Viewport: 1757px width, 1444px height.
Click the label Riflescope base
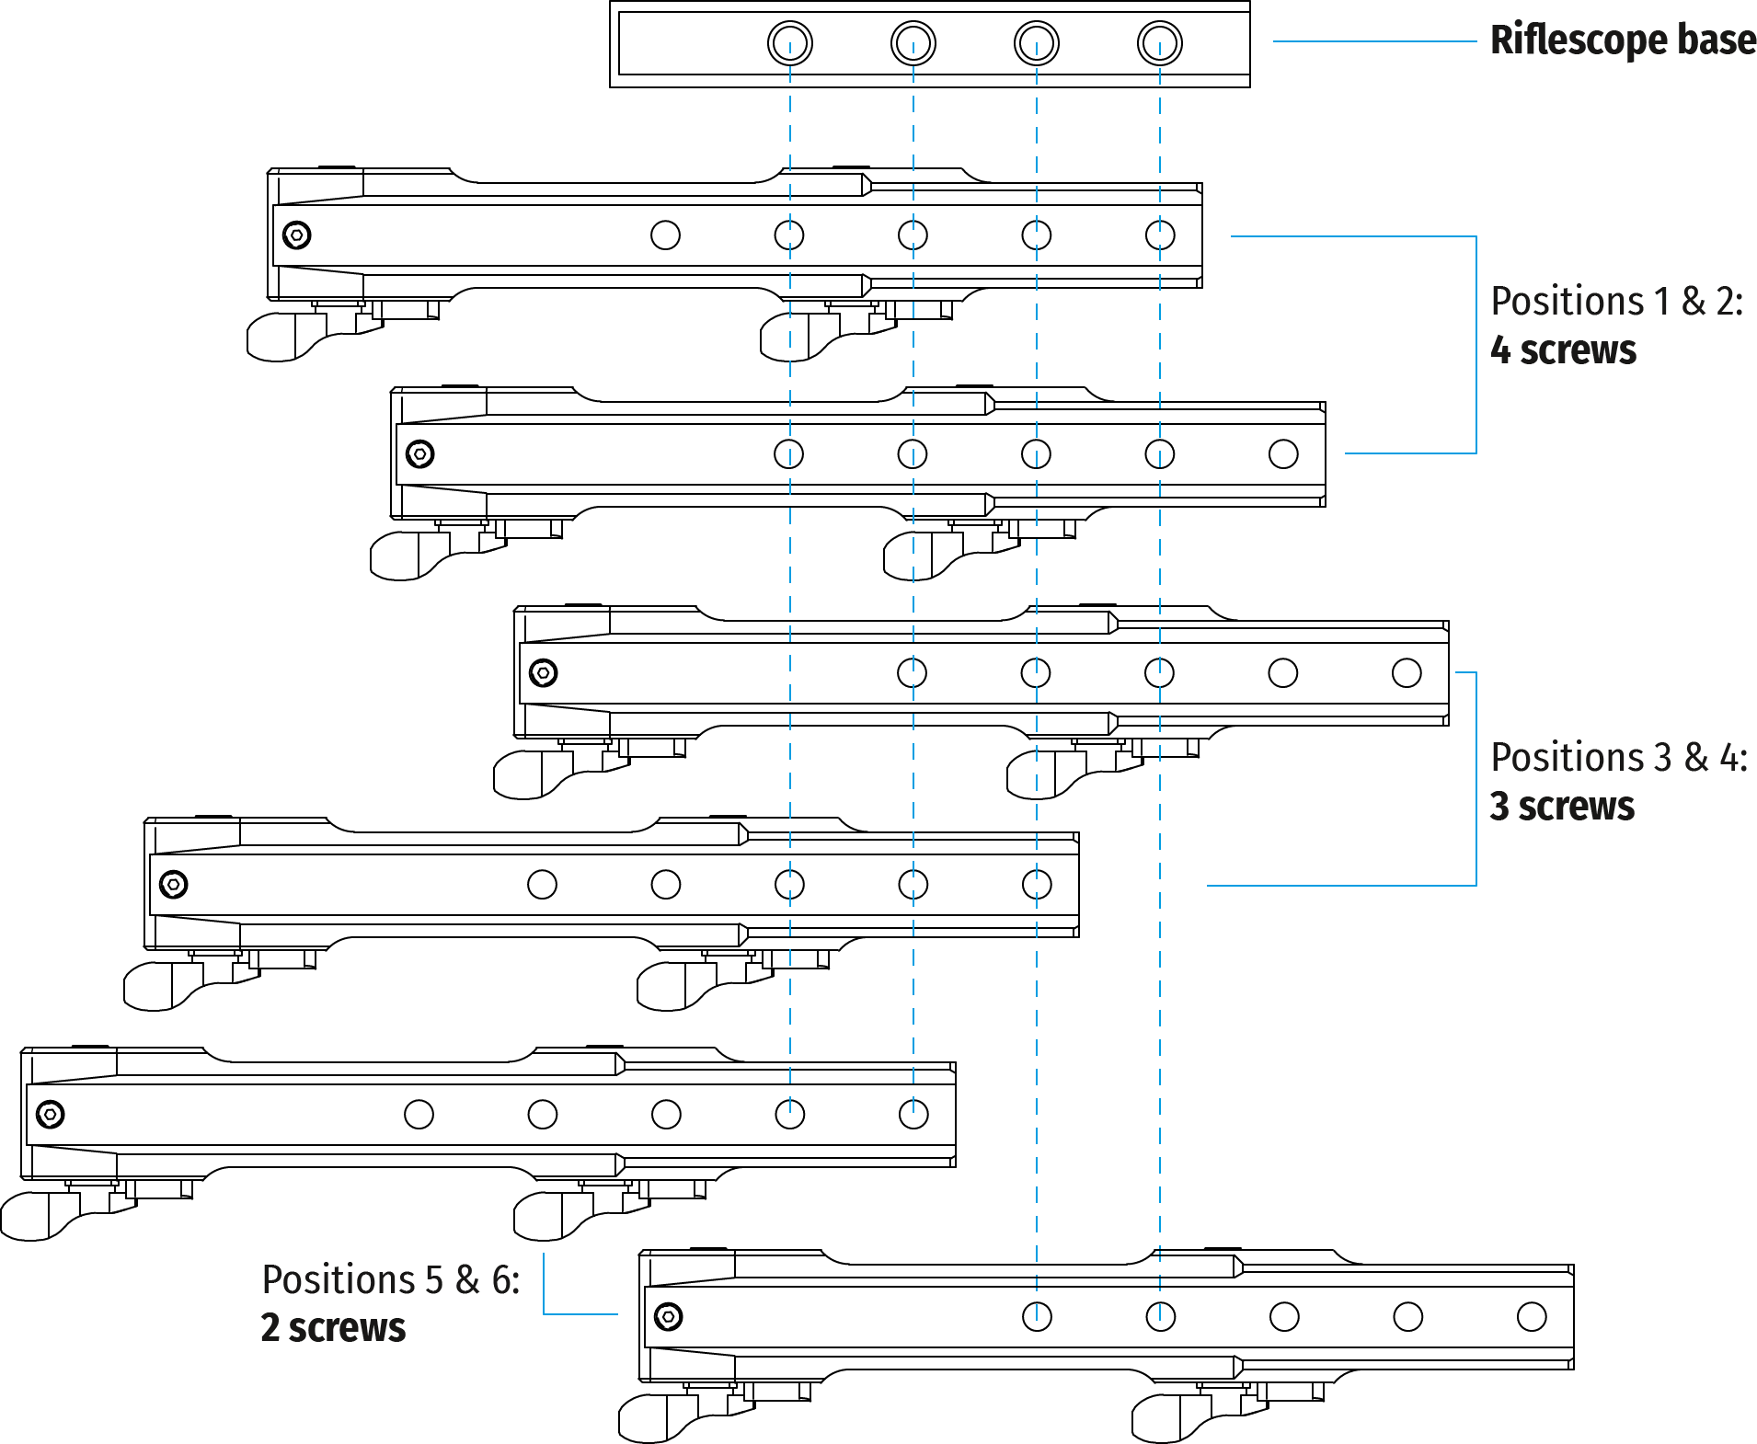[1623, 41]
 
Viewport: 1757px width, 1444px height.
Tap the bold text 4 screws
[1563, 350]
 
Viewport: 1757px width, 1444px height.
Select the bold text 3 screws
[1562, 806]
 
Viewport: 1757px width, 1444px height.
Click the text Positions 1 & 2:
[1616, 302]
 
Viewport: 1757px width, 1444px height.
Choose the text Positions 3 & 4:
[1618, 758]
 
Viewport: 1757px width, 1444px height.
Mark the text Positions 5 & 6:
[391, 1279]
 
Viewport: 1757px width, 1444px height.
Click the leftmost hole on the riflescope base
[790, 43]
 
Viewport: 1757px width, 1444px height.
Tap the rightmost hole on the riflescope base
[1160, 43]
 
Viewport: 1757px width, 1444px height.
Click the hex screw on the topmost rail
[296, 235]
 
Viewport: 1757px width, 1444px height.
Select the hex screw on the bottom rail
[668, 1317]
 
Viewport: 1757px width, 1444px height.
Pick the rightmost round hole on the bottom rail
[1532, 1317]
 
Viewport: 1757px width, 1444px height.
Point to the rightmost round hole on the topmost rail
[1160, 235]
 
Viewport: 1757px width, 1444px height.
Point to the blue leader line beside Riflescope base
[1374, 41]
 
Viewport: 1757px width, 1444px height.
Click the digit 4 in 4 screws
[1500, 350]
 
